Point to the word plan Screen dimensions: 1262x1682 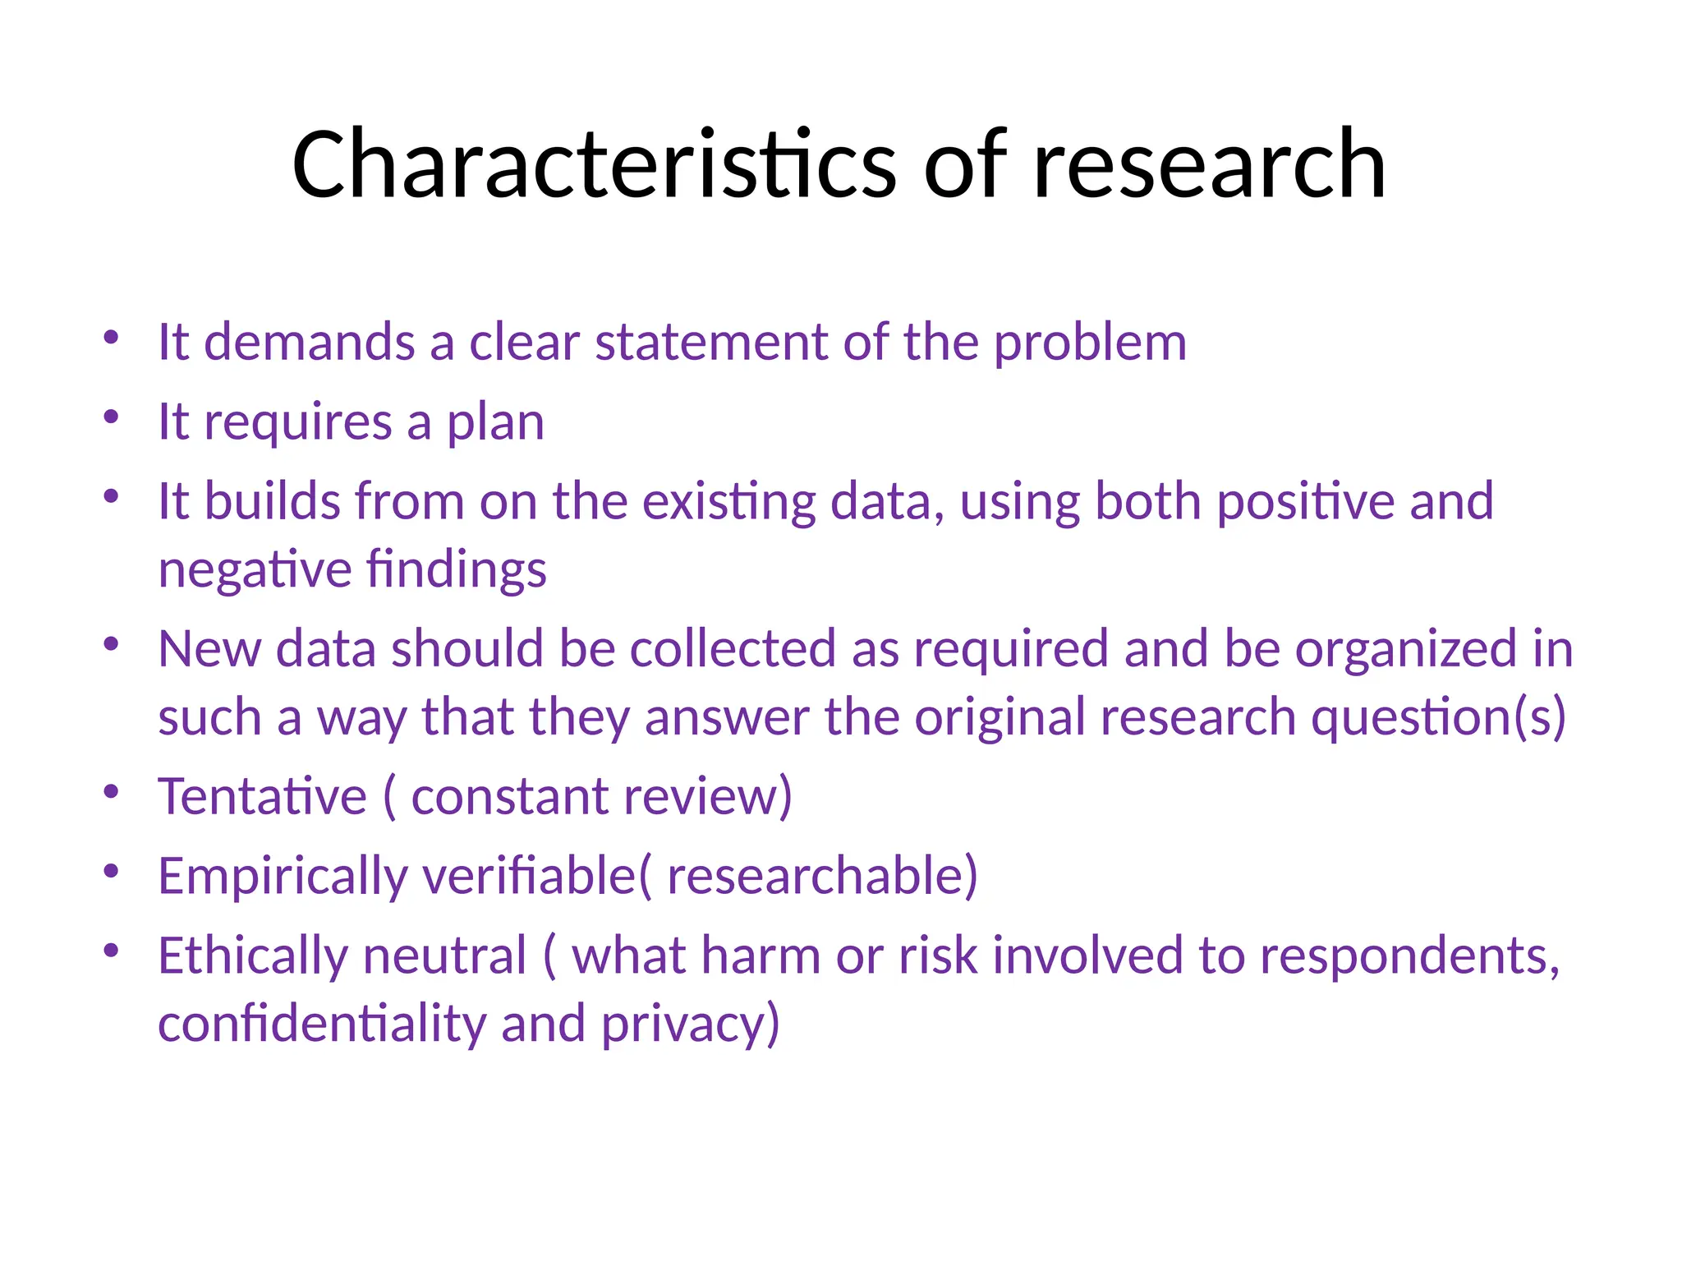(495, 423)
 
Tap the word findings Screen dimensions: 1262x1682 (456, 569)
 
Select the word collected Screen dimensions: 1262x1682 (733, 648)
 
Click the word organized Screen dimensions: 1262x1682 (1406, 650)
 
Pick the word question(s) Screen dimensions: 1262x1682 (1438, 717)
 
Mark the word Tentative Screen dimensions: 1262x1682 (262, 796)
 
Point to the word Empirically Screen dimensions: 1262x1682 (283, 877)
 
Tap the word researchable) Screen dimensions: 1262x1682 (822, 876)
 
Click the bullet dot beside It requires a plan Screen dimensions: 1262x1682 (112, 417)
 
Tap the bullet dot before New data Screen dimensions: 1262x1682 (112, 643)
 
